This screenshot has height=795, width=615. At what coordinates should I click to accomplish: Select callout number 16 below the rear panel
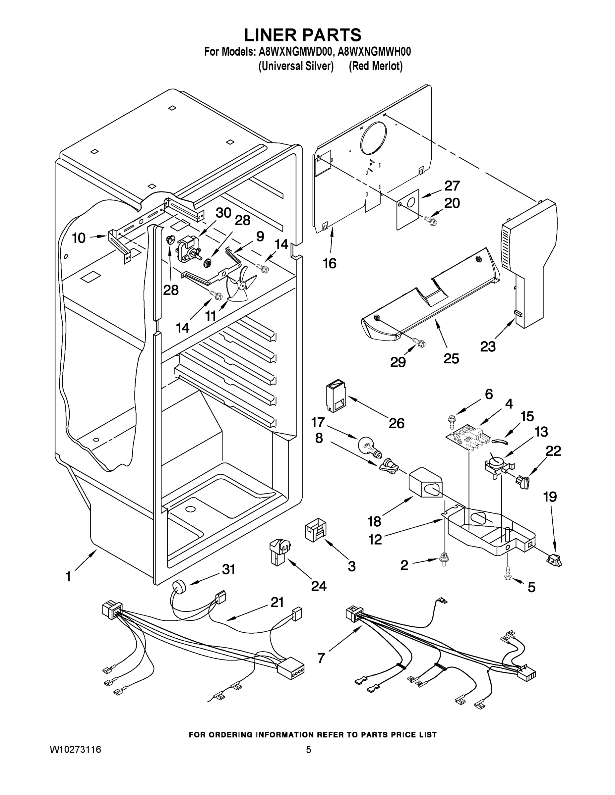[329, 263]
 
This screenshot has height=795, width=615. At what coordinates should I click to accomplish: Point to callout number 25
[451, 358]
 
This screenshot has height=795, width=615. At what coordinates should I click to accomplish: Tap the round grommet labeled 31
[178, 588]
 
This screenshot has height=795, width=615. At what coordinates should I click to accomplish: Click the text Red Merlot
[376, 66]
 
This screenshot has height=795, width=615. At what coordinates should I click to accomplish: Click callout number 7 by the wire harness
[321, 658]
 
